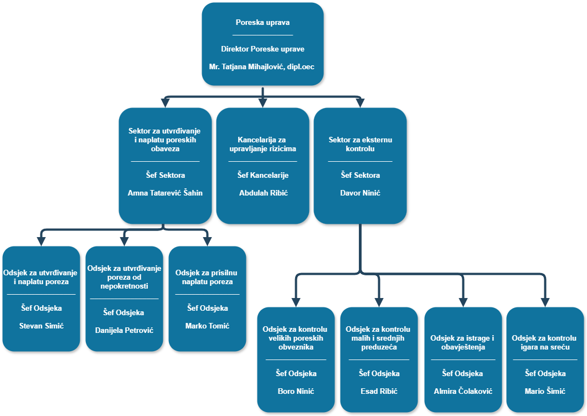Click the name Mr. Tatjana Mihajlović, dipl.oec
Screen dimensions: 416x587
coord(262,66)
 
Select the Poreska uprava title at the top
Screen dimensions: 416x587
coord(262,23)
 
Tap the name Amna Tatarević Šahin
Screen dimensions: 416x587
coord(165,193)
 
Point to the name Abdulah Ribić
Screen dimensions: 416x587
coord(263,193)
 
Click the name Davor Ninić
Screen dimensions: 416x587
coord(360,193)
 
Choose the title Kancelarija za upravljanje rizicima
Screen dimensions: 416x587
coord(263,144)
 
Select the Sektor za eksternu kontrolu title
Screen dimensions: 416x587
coord(360,144)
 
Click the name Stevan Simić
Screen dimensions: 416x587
coord(42,326)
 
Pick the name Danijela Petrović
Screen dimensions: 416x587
coord(124,330)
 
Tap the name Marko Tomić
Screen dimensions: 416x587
coord(207,326)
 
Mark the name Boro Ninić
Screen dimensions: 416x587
coord(296,391)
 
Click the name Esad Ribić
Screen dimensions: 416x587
coord(379,391)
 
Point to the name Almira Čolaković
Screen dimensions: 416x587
coord(463,391)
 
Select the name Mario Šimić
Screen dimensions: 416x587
coord(545,391)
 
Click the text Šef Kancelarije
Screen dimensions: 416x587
coord(263,175)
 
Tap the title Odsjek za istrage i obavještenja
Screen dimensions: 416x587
coord(462,342)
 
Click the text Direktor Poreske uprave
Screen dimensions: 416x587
coord(262,49)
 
